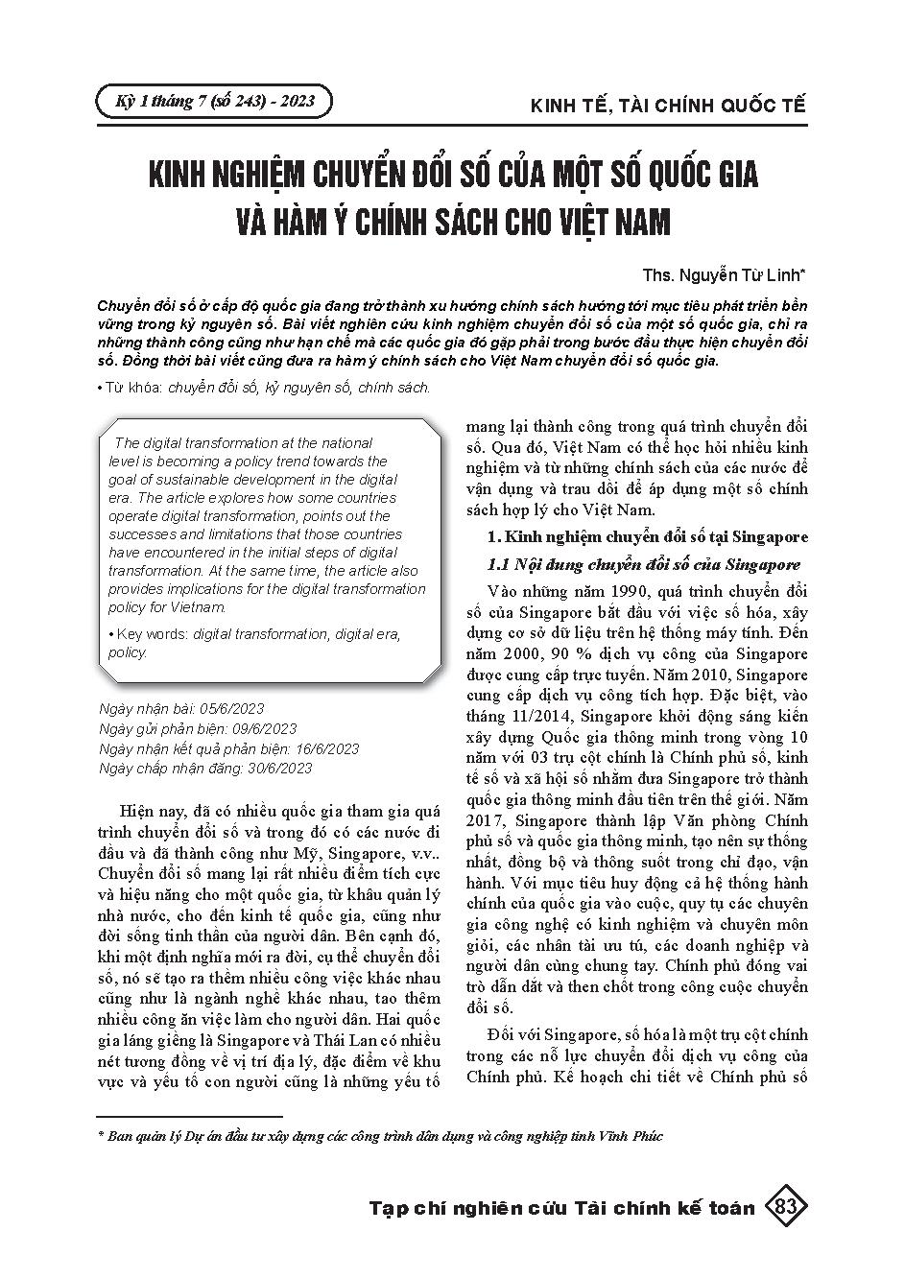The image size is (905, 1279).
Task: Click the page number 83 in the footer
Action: click(786, 1206)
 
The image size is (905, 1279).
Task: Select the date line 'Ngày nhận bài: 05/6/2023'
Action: click(181, 709)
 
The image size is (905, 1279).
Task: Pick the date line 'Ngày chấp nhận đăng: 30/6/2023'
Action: click(205, 768)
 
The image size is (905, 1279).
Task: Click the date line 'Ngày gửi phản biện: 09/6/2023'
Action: click(198, 728)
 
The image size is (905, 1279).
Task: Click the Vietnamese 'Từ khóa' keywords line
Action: click(264, 388)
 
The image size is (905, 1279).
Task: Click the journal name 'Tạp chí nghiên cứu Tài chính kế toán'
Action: click(562, 1207)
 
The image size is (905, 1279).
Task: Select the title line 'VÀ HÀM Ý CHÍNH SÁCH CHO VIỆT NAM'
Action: click(452, 222)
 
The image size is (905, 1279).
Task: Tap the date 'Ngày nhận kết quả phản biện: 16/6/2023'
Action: click(229, 748)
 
